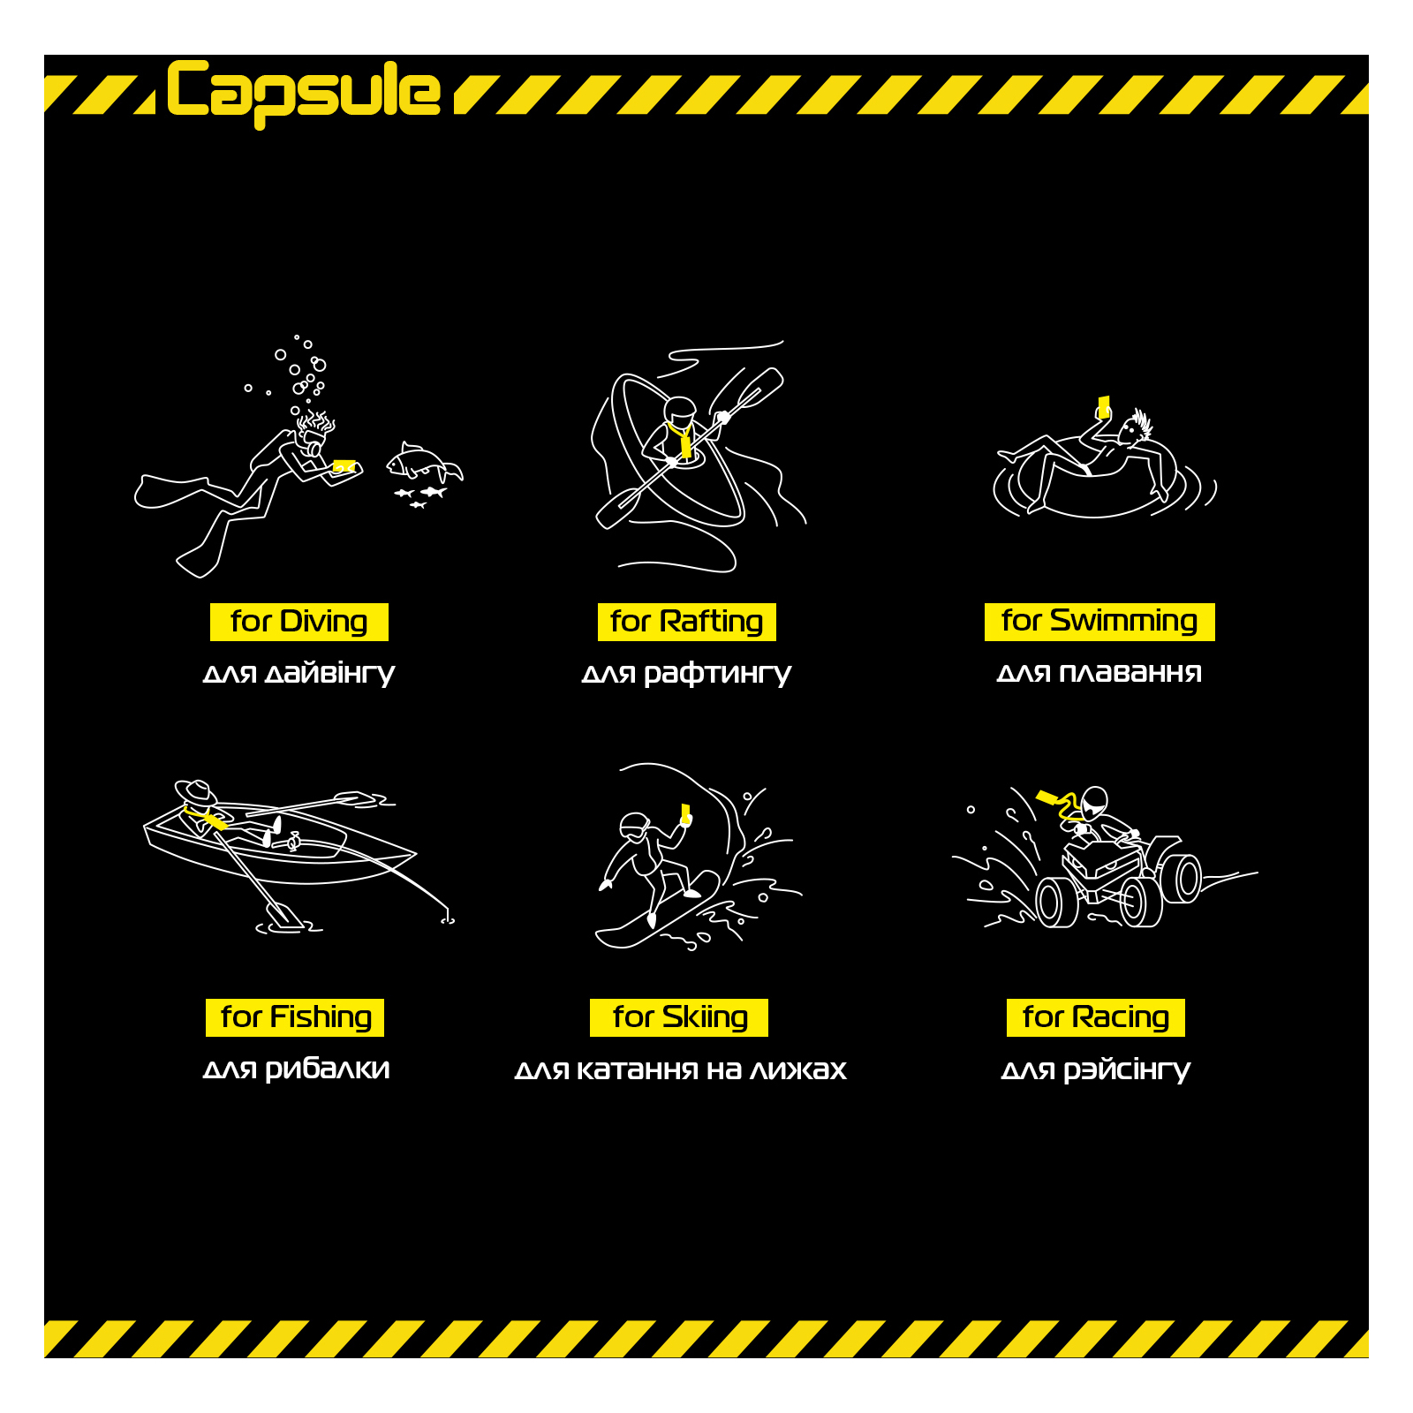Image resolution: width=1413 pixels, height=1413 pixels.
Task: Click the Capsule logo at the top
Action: click(x=303, y=92)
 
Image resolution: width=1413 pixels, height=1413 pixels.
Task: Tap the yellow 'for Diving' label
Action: click(x=299, y=622)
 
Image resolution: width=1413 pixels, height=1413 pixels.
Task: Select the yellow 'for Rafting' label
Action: click(x=687, y=622)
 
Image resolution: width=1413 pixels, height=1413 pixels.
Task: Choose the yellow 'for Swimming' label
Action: click(x=1099, y=622)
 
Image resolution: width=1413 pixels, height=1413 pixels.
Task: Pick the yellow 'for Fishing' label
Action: click(x=295, y=1017)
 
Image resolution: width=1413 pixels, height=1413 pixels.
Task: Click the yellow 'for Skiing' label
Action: click(x=679, y=1017)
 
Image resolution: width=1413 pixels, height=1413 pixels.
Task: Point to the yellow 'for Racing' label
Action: click(x=1096, y=1017)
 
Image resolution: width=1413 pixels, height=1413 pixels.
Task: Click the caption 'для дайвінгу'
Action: click(x=298, y=674)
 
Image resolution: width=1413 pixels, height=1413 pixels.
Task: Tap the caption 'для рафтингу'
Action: click(x=687, y=674)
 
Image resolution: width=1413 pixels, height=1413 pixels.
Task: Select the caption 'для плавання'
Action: click(x=1099, y=673)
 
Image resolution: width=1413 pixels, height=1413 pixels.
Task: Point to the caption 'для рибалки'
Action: click(x=296, y=1069)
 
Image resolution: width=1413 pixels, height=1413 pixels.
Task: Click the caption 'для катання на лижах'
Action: click(x=680, y=1069)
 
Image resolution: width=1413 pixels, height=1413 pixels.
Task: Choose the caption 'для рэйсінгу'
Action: click(x=1096, y=1069)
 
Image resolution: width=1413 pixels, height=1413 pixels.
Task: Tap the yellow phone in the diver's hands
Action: click(x=344, y=466)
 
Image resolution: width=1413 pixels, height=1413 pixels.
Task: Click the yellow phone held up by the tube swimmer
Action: click(x=1103, y=406)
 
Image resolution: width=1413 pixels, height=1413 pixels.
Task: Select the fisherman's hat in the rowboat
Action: click(x=196, y=791)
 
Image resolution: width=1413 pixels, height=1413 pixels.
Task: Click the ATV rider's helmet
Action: click(x=1094, y=801)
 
